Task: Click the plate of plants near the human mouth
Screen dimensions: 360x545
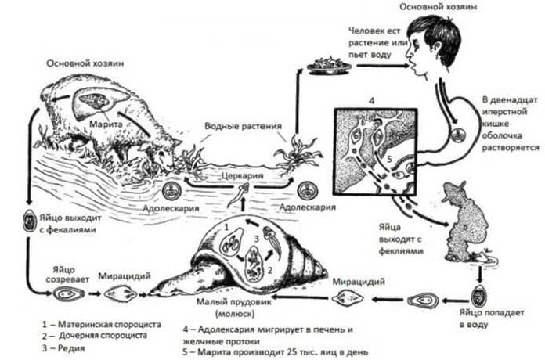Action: (328, 67)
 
